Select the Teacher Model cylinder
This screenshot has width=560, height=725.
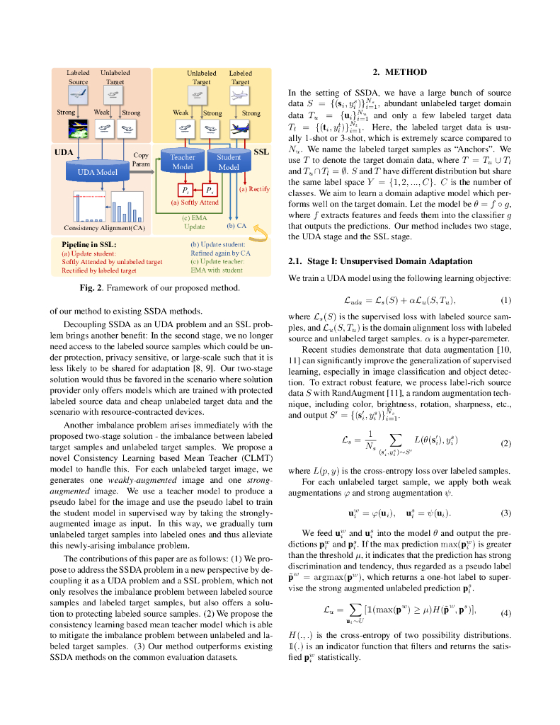[x=183, y=162]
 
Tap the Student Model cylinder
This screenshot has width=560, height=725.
[x=229, y=162]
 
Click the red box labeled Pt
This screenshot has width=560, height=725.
[x=185, y=190]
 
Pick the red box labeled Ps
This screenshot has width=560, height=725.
[x=210, y=190]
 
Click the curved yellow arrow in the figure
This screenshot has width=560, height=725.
[x=261, y=230]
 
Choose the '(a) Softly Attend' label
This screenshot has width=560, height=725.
[x=195, y=202]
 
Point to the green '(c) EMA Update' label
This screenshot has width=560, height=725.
[x=195, y=222]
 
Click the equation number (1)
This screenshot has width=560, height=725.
[x=505, y=302]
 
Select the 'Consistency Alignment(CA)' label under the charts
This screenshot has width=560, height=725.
[x=104, y=228]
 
